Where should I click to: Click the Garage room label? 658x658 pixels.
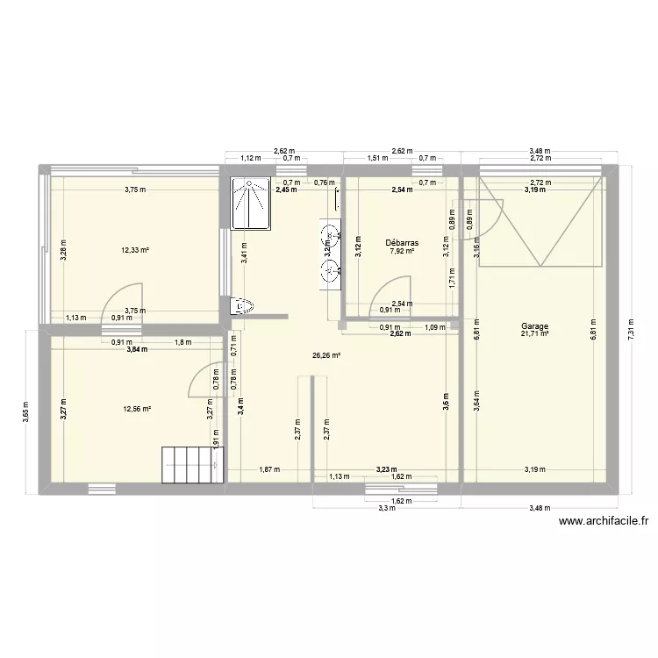click(533, 326)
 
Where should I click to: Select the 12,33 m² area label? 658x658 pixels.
click(135, 250)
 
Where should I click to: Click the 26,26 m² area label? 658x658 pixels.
click(325, 356)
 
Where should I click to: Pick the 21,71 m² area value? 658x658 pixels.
click(533, 333)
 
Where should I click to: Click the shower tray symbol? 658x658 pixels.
click(249, 204)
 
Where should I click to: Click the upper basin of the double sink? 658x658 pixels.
click(332, 234)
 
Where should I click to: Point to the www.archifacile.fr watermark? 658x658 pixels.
click(603, 521)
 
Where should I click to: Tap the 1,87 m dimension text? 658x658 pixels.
click(269, 469)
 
